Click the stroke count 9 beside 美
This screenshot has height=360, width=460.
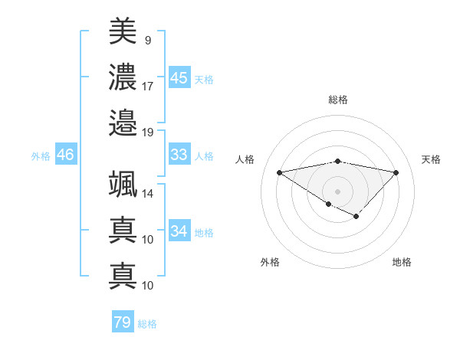[x=147, y=40]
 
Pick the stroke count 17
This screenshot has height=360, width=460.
[x=148, y=86]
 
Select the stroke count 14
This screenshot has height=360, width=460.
[x=148, y=195]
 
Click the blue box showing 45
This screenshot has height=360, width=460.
[x=179, y=77]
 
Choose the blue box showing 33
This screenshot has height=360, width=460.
[x=179, y=155]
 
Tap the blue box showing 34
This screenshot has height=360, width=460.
[x=179, y=231]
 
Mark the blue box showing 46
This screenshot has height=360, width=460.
[x=66, y=155]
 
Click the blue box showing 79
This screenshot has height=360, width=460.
[x=123, y=322]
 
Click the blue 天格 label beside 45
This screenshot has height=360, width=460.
[x=203, y=80]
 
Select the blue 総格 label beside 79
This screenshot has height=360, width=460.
[x=147, y=324]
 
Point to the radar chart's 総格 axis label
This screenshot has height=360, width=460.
[x=337, y=100]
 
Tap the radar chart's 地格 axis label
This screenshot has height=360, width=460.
[x=402, y=262]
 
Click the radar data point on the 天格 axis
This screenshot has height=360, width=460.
[x=396, y=172]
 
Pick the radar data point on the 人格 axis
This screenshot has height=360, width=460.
[x=279, y=172]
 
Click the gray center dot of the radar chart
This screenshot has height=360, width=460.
[x=337, y=190]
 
